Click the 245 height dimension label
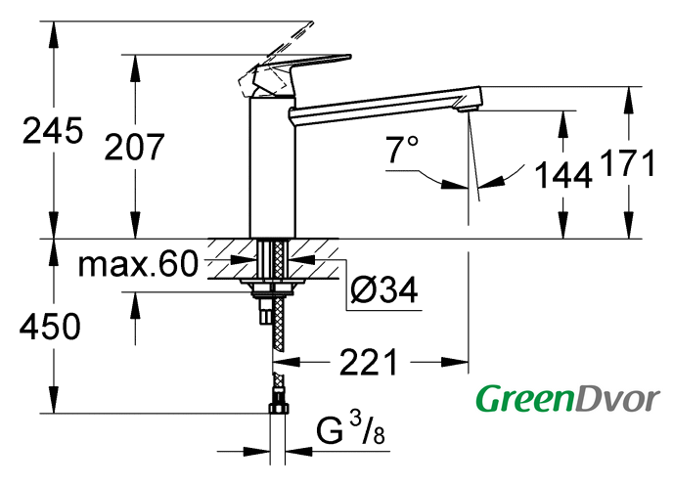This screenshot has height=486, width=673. click(x=53, y=130)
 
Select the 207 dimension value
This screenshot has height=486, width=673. click(x=134, y=147)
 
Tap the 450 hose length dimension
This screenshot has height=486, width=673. click(x=50, y=327)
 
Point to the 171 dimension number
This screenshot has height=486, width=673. click(x=627, y=162)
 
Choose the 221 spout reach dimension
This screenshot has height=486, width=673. click(x=369, y=363)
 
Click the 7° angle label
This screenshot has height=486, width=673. click(x=401, y=150)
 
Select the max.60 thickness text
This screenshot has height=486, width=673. click(x=138, y=264)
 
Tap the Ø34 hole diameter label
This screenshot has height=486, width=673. click(x=383, y=290)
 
